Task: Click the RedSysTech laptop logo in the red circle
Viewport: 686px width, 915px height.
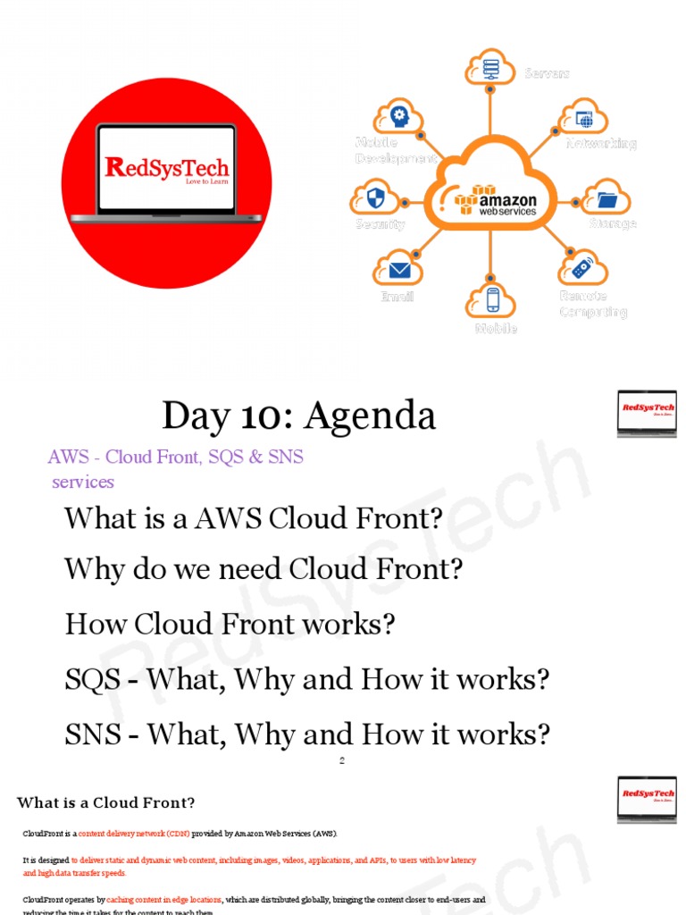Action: coord(166,171)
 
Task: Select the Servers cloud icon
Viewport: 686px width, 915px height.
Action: coord(489,66)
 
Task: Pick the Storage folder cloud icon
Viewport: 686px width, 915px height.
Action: coord(607,197)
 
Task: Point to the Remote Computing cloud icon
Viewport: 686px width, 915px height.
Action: coord(582,267)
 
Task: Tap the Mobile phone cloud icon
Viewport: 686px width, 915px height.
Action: coord(490,299)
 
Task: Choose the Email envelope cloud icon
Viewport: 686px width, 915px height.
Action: coord(397,268)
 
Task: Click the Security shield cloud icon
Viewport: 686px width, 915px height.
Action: coord(375,197)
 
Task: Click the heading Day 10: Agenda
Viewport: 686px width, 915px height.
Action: coord(298,416)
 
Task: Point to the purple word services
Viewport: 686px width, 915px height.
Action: coord(83,482)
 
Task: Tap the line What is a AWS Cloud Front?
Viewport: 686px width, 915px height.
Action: coord(254,518)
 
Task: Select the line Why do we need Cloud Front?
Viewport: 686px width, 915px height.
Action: coord(264,569)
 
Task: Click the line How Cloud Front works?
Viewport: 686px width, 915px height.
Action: coord(230,624)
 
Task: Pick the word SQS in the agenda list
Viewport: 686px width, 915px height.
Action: coord(92,680)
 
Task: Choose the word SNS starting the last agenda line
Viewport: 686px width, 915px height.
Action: coord(92,735)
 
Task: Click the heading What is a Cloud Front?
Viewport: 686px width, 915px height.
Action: coord(105,802)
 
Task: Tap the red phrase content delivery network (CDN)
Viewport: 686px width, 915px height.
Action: coord(133,834)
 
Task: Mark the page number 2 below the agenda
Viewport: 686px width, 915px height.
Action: coord(342,761)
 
